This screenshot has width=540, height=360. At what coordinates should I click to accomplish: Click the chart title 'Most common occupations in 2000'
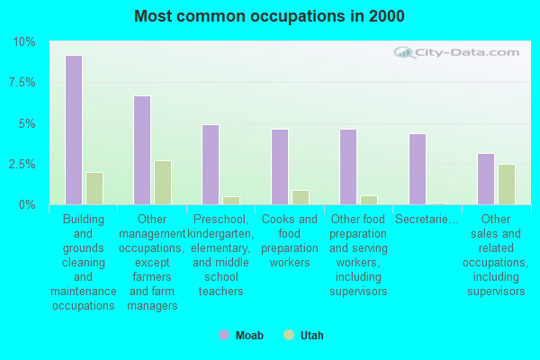coord(269,16)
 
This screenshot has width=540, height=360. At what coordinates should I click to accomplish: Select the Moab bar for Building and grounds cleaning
coord(74,130)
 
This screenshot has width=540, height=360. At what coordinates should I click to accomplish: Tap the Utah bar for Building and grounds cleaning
coord(94,189)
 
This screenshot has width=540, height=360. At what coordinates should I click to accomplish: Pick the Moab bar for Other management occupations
coord(142,150)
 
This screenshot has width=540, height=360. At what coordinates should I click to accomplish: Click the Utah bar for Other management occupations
coord(163,183)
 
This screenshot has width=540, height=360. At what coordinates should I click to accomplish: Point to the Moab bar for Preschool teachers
coord(211,165)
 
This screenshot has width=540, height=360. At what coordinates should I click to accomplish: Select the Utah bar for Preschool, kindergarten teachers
coord(231,201)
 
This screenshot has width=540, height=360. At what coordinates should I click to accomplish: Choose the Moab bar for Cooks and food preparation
coord(280,166)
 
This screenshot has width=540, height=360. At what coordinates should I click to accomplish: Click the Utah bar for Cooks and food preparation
coord(301,198)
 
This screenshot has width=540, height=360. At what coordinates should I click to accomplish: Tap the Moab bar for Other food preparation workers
coord(348,166)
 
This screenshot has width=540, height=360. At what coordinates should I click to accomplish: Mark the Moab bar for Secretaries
coord(418,169)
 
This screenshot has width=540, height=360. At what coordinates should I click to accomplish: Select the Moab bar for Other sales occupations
coord(486,179)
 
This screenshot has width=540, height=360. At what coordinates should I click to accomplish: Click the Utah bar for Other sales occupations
coord(507,184)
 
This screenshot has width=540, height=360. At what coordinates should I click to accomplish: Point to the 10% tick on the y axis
coord(23,42)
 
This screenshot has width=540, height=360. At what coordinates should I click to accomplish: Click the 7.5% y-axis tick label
coord(22,83)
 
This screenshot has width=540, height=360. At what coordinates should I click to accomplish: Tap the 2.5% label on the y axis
coord(22,165)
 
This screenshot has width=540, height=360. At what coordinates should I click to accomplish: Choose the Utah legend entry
coord(303,336)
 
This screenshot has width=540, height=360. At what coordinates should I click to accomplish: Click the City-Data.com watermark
coord(462,53)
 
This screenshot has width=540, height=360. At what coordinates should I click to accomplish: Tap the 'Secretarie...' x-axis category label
coord(427,220)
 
